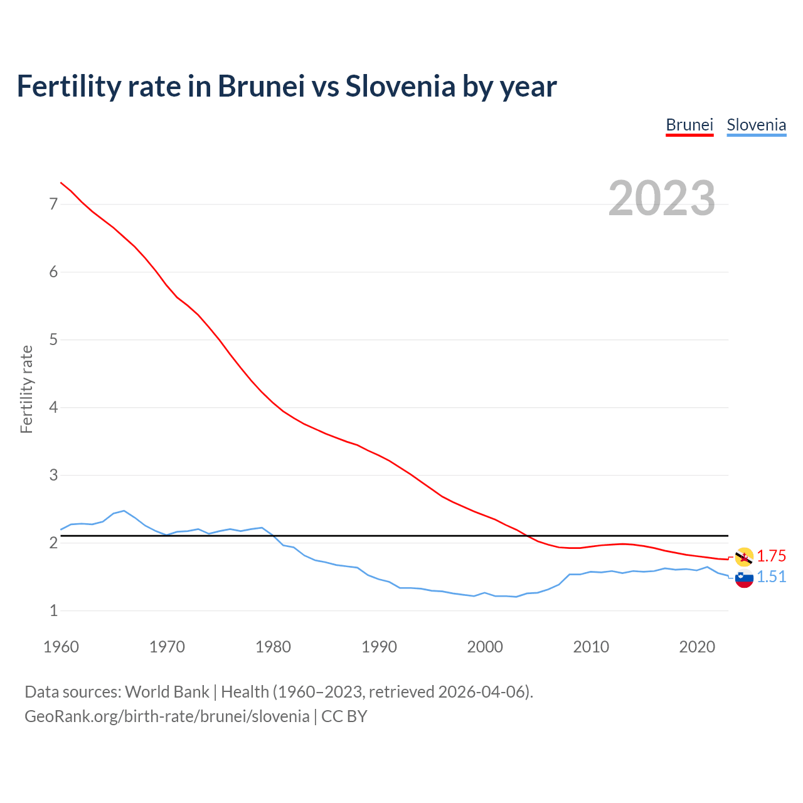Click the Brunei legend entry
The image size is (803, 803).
tap(689, 125)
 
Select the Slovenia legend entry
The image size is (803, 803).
tap(756, 125)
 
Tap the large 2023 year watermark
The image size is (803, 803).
tap(662, 198)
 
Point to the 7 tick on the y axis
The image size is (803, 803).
tap(53, 205)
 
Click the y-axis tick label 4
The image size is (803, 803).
tap(53, 408)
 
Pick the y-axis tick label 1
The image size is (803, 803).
tap(53, 610)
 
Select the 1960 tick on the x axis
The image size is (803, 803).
tap(61, 647)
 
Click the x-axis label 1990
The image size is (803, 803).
tap(379, 647)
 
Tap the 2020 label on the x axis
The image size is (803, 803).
tap(697, 647)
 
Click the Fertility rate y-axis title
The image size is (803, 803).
tap(26, 389)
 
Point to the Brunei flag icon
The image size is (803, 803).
tap(744, 556)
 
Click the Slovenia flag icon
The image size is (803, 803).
tap(744, 578)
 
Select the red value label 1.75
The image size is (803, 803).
tap(771, 556)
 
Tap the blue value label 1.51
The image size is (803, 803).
tap(771, 577)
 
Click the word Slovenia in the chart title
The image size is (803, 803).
tap(400, 86)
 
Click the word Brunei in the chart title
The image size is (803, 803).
tap(261, 86)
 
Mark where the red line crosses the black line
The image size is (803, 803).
tap(527, 536)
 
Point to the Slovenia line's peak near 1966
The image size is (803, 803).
tap(124, 511)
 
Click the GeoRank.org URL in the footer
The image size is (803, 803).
tap(167, 716)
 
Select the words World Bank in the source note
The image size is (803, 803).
tap(167, 692)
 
